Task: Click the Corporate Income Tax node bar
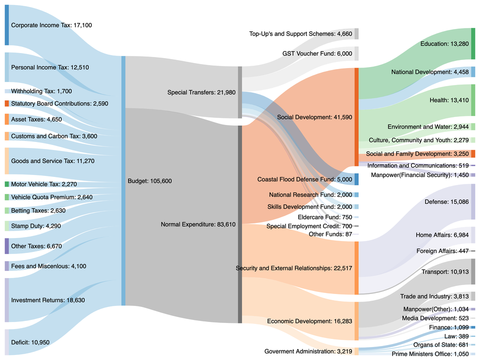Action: coord(6,25)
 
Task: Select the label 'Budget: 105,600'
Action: coord(149,181)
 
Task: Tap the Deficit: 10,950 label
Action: coord(30,342)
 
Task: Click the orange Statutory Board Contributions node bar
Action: coord(6,103)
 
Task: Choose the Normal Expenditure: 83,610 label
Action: coord(197,224)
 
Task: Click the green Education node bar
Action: coord(472,44)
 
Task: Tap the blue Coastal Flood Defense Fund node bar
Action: coord(356,179)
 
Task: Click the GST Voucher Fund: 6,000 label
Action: coord(317,53)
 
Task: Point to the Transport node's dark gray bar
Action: coord(472,271)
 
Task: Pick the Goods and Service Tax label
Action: coord(52,161)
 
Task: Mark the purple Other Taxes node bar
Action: coord(6,246)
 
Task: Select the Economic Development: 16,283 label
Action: coord(309,321)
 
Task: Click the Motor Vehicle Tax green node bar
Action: coord(6,184)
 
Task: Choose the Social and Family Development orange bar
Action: coord(472,153)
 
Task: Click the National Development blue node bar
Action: coord(472,72)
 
